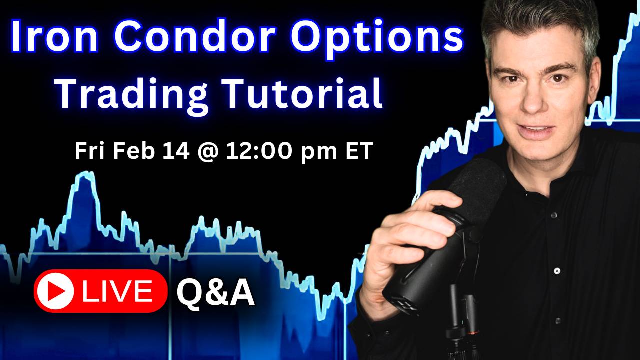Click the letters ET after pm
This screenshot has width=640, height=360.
tap(359, 151)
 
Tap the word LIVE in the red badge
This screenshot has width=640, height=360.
tap(118, 291)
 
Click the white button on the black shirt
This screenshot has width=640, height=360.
tap(556, 271)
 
